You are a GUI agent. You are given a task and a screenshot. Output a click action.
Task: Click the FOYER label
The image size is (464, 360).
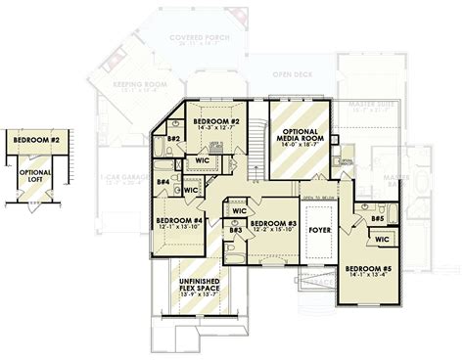[320, 231]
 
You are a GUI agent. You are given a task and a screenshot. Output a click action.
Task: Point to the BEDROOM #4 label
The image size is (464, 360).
[179, 220]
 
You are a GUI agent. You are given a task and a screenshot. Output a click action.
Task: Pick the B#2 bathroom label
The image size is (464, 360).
[172, 139]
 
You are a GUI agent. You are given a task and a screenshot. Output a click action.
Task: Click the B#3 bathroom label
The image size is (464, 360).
[235, 229]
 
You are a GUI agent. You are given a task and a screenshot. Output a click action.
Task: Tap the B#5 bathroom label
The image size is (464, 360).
[378, 220]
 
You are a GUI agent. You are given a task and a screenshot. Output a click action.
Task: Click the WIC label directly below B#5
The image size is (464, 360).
[381, 238]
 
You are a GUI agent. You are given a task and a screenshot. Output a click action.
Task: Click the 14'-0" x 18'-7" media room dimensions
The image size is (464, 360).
[302, 154]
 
